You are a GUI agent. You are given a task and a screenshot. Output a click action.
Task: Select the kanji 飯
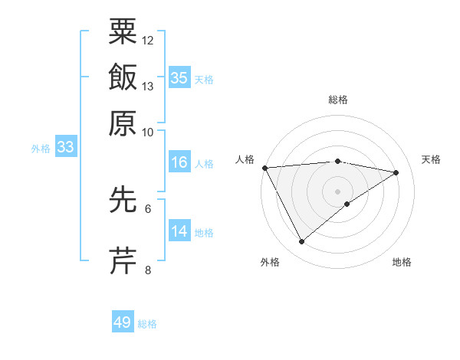coord(123,77)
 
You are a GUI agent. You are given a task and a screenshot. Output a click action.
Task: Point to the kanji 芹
coord(123,260)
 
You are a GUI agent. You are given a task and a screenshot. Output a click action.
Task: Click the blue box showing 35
coord(179,77)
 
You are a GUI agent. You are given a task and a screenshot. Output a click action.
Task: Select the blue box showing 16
coord(179,162)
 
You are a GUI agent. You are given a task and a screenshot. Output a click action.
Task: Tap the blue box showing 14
coord(179,231)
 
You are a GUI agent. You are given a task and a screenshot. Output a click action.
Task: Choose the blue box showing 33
coord(65,148)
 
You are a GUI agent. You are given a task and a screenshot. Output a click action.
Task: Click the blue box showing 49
coord(123,322)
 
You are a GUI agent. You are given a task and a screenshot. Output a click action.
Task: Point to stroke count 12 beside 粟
coord(148,40)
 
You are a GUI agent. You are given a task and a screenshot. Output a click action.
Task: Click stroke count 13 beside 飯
coord(148,87)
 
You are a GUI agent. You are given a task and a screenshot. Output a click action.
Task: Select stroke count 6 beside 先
coord(148,208)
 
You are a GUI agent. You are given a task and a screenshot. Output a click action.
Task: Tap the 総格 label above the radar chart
coord(338,100)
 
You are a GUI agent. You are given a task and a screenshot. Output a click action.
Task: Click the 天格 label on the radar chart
coord(431,159)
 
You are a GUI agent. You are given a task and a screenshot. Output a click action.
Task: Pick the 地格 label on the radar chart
coord(402,262)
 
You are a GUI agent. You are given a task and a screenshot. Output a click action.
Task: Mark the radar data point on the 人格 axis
coord(264,168)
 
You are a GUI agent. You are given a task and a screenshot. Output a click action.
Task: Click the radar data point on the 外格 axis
coord(301,242)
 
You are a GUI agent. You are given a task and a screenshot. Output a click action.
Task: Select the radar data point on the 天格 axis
coord(396,172)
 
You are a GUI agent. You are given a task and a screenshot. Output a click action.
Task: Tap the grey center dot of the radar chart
coord(338,191)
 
